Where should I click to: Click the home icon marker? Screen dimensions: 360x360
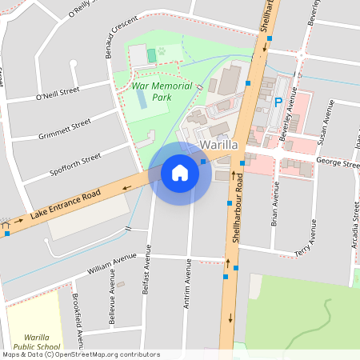click(180, 173)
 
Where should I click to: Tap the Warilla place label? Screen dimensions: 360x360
click(219, 146)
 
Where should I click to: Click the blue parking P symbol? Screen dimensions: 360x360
click(278, 102)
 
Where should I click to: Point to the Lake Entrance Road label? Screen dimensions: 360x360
click(66, 206)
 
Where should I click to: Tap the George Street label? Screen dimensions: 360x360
click(338, 162)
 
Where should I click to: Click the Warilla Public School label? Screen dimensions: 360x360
click(31, 342)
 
